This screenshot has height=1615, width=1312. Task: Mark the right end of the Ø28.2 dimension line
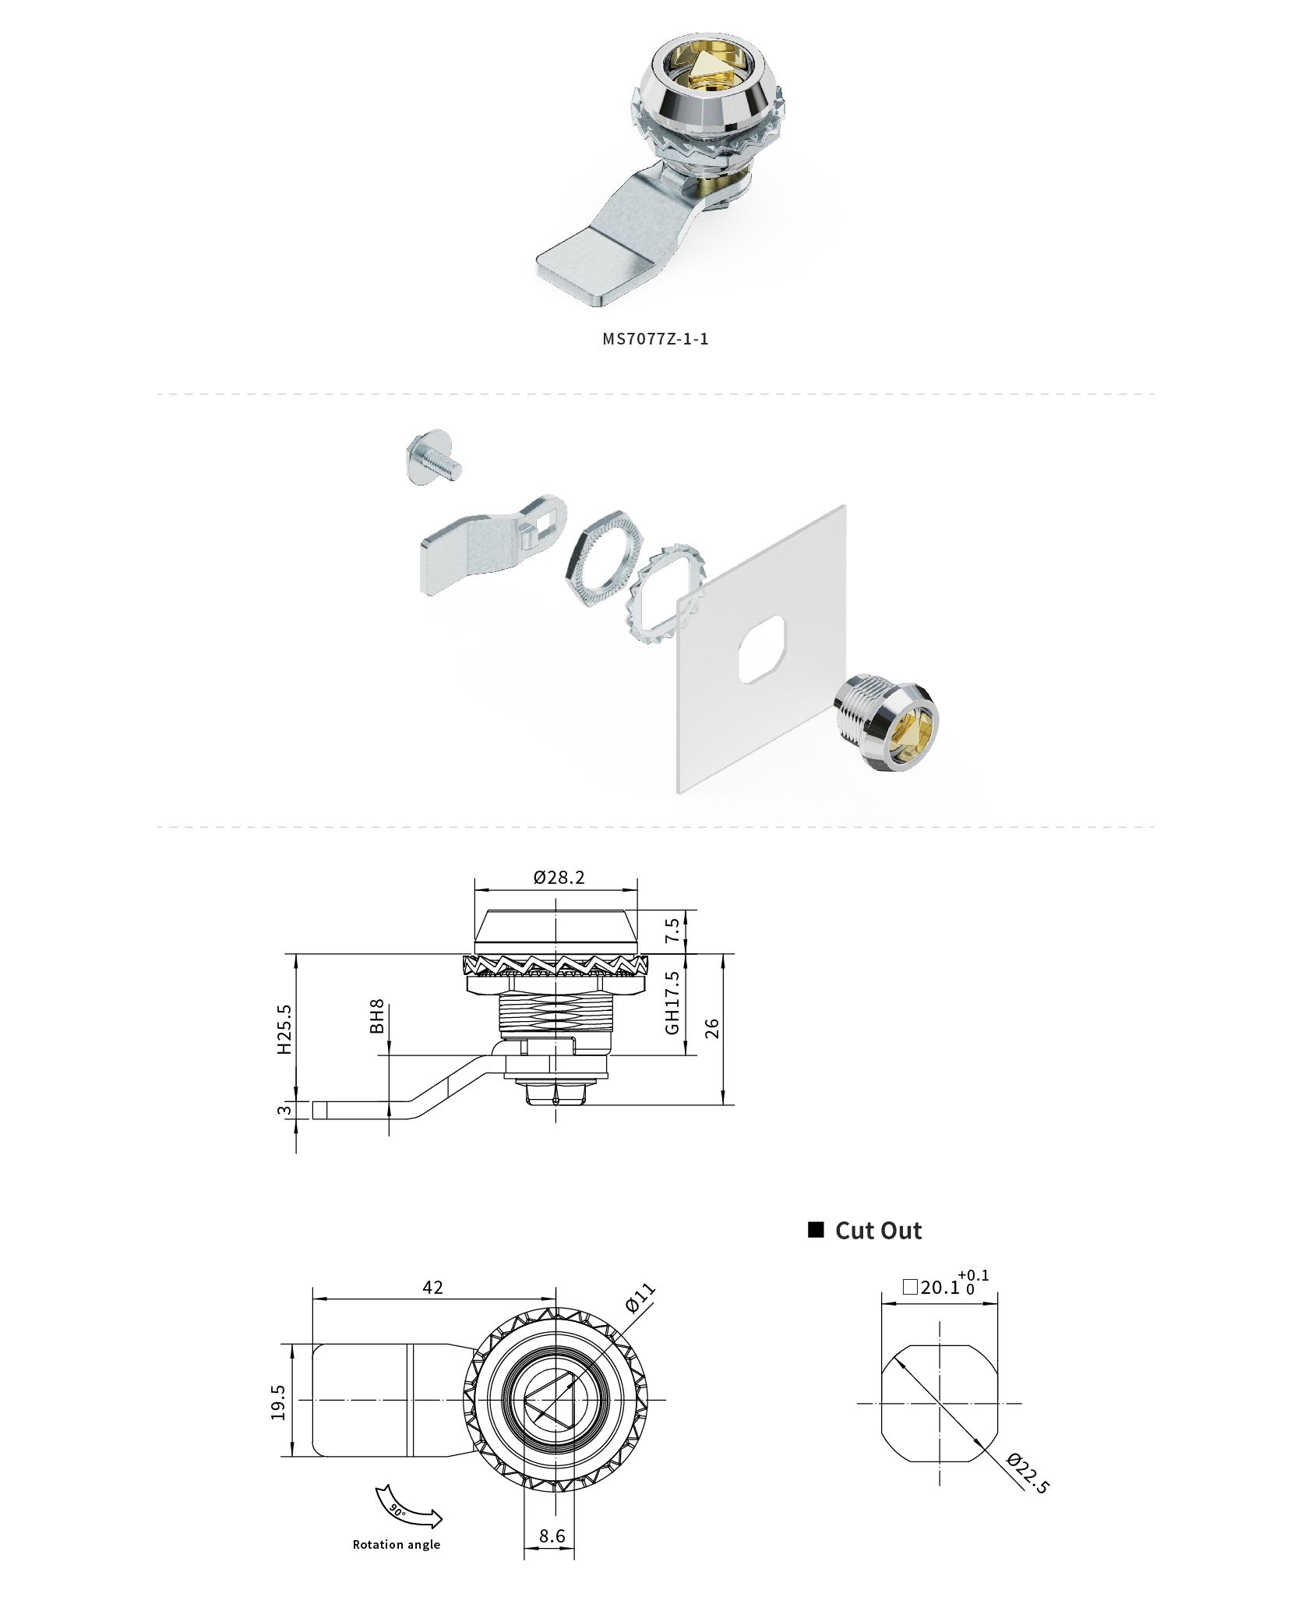[637, 889]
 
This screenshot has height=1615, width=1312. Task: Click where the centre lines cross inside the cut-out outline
[940, 1404]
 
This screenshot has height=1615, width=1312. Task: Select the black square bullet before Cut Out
[816, 1229]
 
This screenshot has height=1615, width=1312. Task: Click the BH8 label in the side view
[377, 1017]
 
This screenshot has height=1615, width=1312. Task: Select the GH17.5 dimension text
[672, 1001]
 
